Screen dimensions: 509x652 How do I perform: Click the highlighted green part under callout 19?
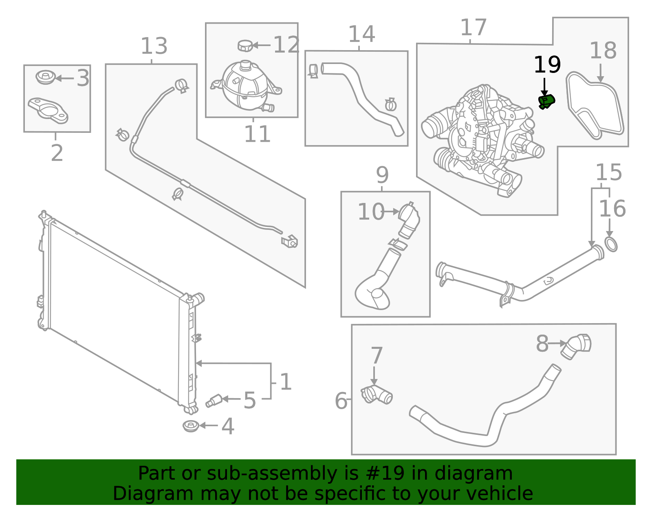pos(546,101)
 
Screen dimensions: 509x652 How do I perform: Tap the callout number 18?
pos(603,51)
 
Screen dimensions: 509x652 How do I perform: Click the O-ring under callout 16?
pos(611,245)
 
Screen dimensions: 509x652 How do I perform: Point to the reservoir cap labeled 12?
pos(245,46)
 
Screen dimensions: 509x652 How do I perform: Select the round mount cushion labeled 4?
pos(191,426)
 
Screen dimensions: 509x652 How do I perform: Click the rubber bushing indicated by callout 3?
pos(46,77)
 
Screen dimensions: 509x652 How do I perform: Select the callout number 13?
pos(154,46)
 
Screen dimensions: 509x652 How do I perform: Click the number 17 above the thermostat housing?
pos(473,28)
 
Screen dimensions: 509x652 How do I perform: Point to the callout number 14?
pos(361,34)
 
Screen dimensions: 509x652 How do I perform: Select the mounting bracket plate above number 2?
pos(48,110)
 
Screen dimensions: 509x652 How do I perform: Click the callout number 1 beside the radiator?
pos(286,382)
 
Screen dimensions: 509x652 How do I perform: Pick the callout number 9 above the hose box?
pos(382,175)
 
